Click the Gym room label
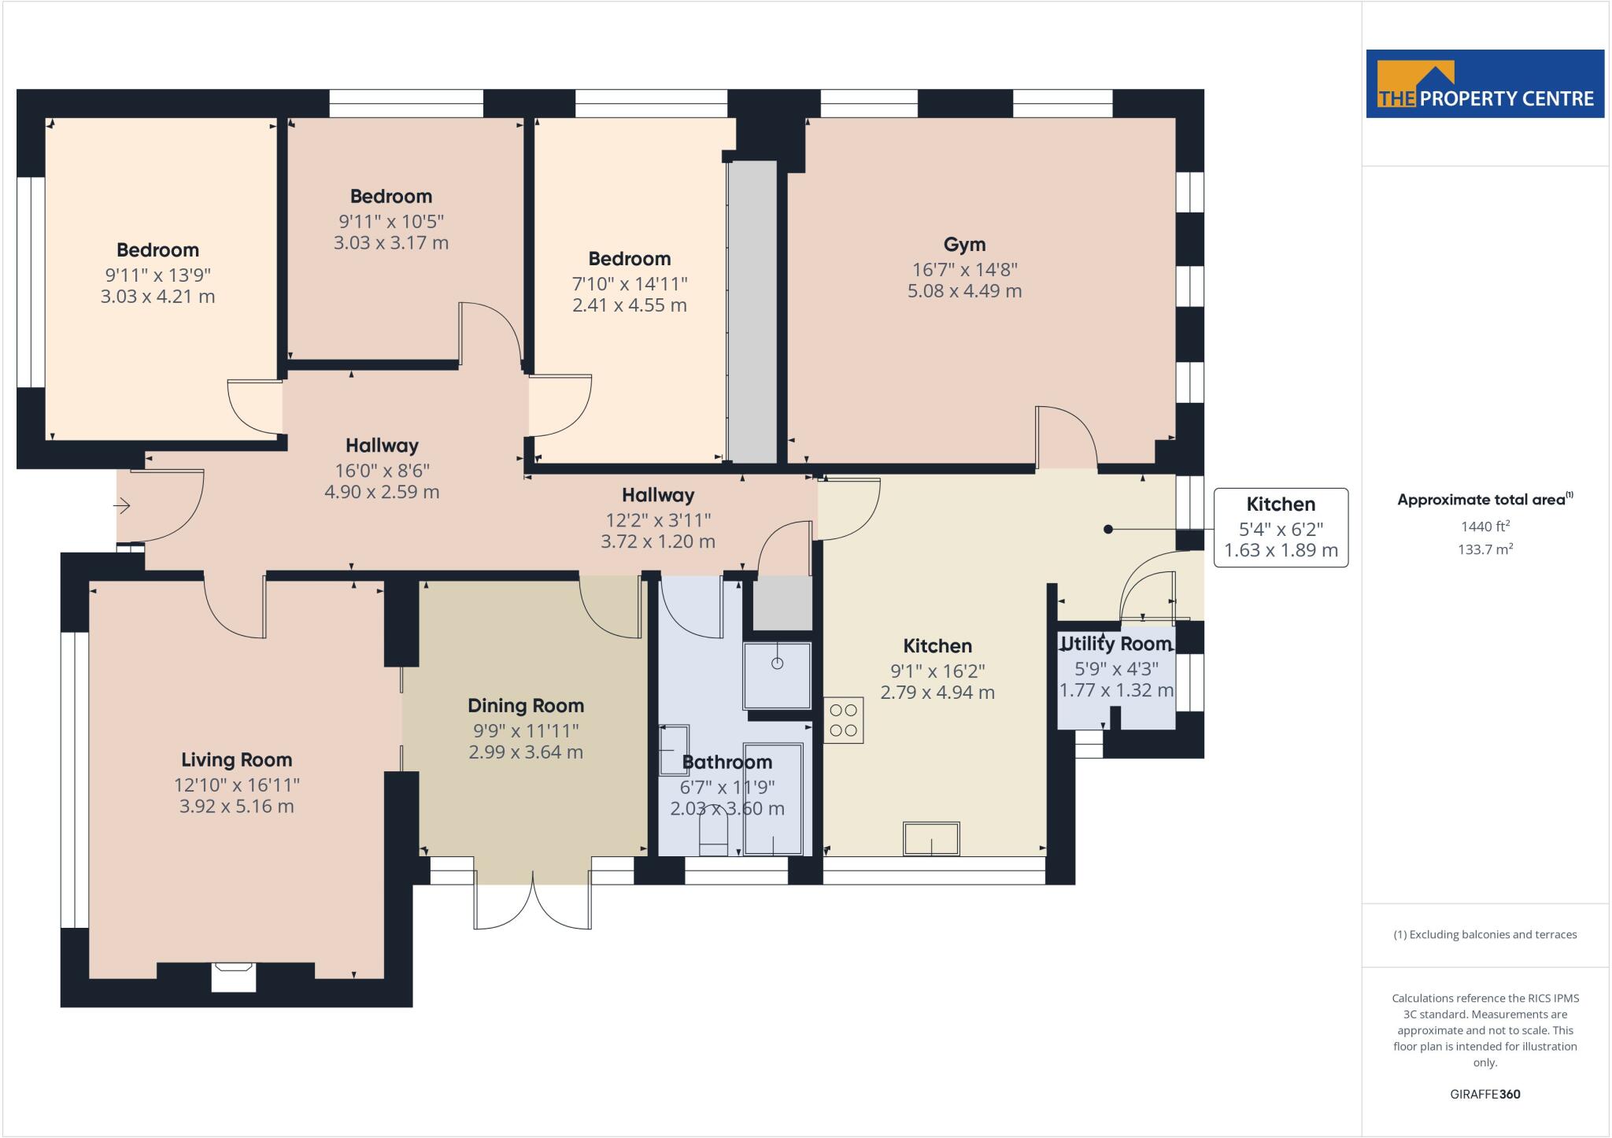tap(964, 245)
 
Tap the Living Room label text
tap(236, 760)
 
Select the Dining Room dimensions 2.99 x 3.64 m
tap(526, 752)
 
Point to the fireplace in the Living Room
tap(233, 975)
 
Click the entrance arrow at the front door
tap(123, 505)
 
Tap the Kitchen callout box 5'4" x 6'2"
tap(1281, 527)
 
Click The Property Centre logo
tap(1484, 84)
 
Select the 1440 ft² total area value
tap(1485, 527)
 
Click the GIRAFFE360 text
tap(1484, 1094)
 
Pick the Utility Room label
tap(1116, 644)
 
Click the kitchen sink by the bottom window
tap(931, 839)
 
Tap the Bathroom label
tap(727, 762)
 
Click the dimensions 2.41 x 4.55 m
tap(629, 305)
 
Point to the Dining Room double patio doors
tap(533, 905)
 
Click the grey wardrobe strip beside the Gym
tap(752, 311)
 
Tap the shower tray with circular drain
tap(777, 674)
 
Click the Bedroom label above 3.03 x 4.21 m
tap(157, 250)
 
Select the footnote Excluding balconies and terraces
tap(1485, 935)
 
